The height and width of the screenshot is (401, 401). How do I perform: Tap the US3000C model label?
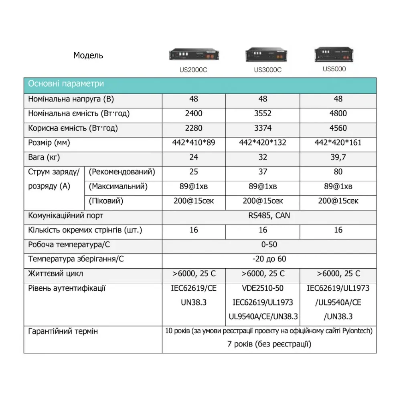tap(267, 69)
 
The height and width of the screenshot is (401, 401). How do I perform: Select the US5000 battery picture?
tap(334, 55)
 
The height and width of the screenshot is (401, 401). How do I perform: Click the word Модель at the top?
tap(88, 55)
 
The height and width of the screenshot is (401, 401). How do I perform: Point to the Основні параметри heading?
tap(66, 84)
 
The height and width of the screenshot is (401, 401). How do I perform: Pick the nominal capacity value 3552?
tap(263, 113)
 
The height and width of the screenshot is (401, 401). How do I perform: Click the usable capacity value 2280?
tap(194, 128)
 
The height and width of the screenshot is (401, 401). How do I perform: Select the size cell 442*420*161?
tap(338, 143)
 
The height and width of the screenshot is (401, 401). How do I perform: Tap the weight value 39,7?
tap(338, 157)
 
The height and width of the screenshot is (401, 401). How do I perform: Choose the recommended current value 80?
tap(338, 172)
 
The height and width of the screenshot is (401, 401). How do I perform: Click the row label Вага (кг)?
tap(44, 157)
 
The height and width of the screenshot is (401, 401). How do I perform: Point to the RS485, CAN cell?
tap(269, 215)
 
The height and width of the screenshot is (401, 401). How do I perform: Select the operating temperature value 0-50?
tap(269, 245)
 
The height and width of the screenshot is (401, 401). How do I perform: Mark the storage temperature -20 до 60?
tap(269, 259)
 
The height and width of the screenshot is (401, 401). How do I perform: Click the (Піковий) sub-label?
tap(105, 201)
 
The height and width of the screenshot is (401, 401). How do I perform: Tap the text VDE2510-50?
tap(263, 288)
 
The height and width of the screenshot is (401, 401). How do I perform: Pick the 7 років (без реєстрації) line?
tap(269, 344)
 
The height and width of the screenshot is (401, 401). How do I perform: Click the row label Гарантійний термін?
tap(63, 331)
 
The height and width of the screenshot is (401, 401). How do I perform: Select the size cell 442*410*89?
tap(194, 143)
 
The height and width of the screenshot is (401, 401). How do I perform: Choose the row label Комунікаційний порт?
tap(65, 215)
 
